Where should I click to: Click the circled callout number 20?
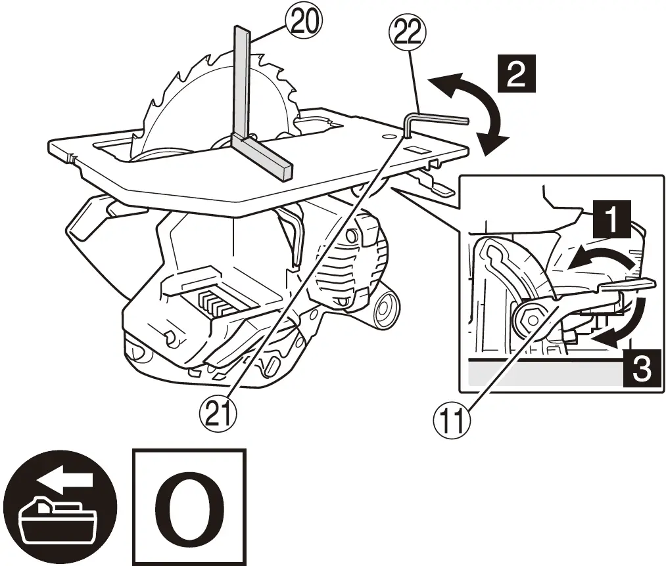click(304, 22)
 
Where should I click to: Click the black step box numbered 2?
click(516, 74)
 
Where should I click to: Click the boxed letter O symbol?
click(189, 507)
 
